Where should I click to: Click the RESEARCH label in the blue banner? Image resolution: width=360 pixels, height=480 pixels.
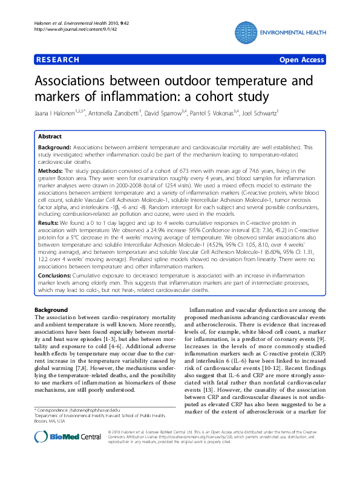[58, 60]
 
